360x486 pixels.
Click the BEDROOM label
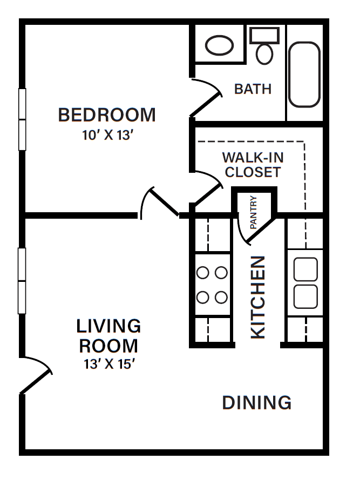[x=107, y=115]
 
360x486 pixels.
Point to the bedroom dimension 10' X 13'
[x=107, y=135]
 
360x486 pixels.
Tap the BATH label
[x=253, y=89]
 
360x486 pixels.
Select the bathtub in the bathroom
[x=304, y=74]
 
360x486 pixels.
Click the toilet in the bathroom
[x=264, y=47]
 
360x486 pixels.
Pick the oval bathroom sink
[x=220, y=46]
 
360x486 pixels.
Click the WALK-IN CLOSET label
[x=253, y=165]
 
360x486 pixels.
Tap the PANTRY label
[x=254, y=212]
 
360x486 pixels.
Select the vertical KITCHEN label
[x=259, y=297]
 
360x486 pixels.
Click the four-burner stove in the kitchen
[x=212, y=285]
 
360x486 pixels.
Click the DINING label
[x=257, y=403]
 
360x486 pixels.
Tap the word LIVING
[x=108, y=326]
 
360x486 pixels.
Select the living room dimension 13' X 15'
[x=108, y=364]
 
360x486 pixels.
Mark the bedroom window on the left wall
[x=22, y=119]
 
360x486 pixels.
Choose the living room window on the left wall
[x=22, y=281]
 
